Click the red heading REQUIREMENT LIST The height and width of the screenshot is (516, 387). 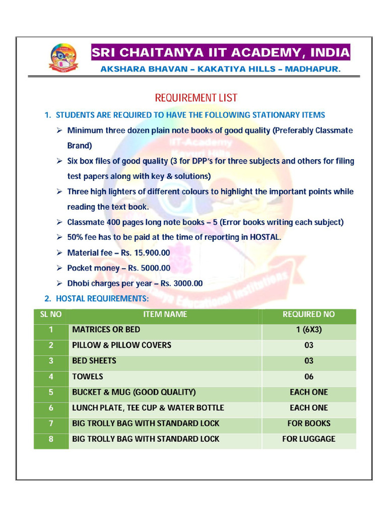[x=196, y=98]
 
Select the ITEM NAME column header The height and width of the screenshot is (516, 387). [x=165, y=314]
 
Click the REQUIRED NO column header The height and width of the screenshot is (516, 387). [x=308, y=314]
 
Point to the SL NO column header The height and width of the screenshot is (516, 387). [x=51, y=314]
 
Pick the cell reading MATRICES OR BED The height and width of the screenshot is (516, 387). [x=106, y=330]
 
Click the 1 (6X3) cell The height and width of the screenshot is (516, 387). [x=308, y=330]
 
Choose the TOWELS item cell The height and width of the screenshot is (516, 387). [x=88, y=376]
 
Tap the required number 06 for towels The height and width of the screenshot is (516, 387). [x=308, y=376]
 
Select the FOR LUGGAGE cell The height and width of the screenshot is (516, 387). [x=308, y=439]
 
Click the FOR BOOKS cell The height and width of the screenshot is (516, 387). [x=308, y=423]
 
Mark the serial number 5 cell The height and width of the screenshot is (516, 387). [x=51, y=392]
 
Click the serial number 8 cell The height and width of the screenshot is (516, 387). [x=51, y=439]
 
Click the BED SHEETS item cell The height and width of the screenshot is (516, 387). [x=94, y=361]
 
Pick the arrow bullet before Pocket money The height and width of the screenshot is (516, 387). [x=59, y=268]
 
